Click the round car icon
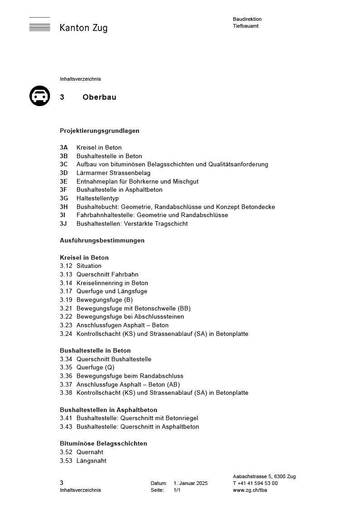click(x=40, y=96)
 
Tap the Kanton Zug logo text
click(x=83, y=28)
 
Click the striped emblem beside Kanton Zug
click(x=40, y=25)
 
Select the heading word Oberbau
click(x=99, y=97)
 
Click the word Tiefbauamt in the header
click(x=246, y=26)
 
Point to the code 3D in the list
click(x=64, y=173)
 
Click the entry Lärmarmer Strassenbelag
click(x=113, y=173)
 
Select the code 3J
click(x=64, y=223)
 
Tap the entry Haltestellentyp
click(x=97, y=198)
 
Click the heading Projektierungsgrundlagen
click(x=99, y=131)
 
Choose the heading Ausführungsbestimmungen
click(x=102, y=240)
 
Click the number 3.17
click(x=66, y=291)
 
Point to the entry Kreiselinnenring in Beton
click(x=112, y=283)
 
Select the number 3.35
click(x=66, y=367)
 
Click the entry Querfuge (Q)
click(x=95, y=367)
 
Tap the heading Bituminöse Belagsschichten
click(x=103, y=443)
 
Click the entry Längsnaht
click(x=91, y=461)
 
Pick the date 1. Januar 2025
click(x=190, y=483)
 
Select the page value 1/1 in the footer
click(x=177, y=490)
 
